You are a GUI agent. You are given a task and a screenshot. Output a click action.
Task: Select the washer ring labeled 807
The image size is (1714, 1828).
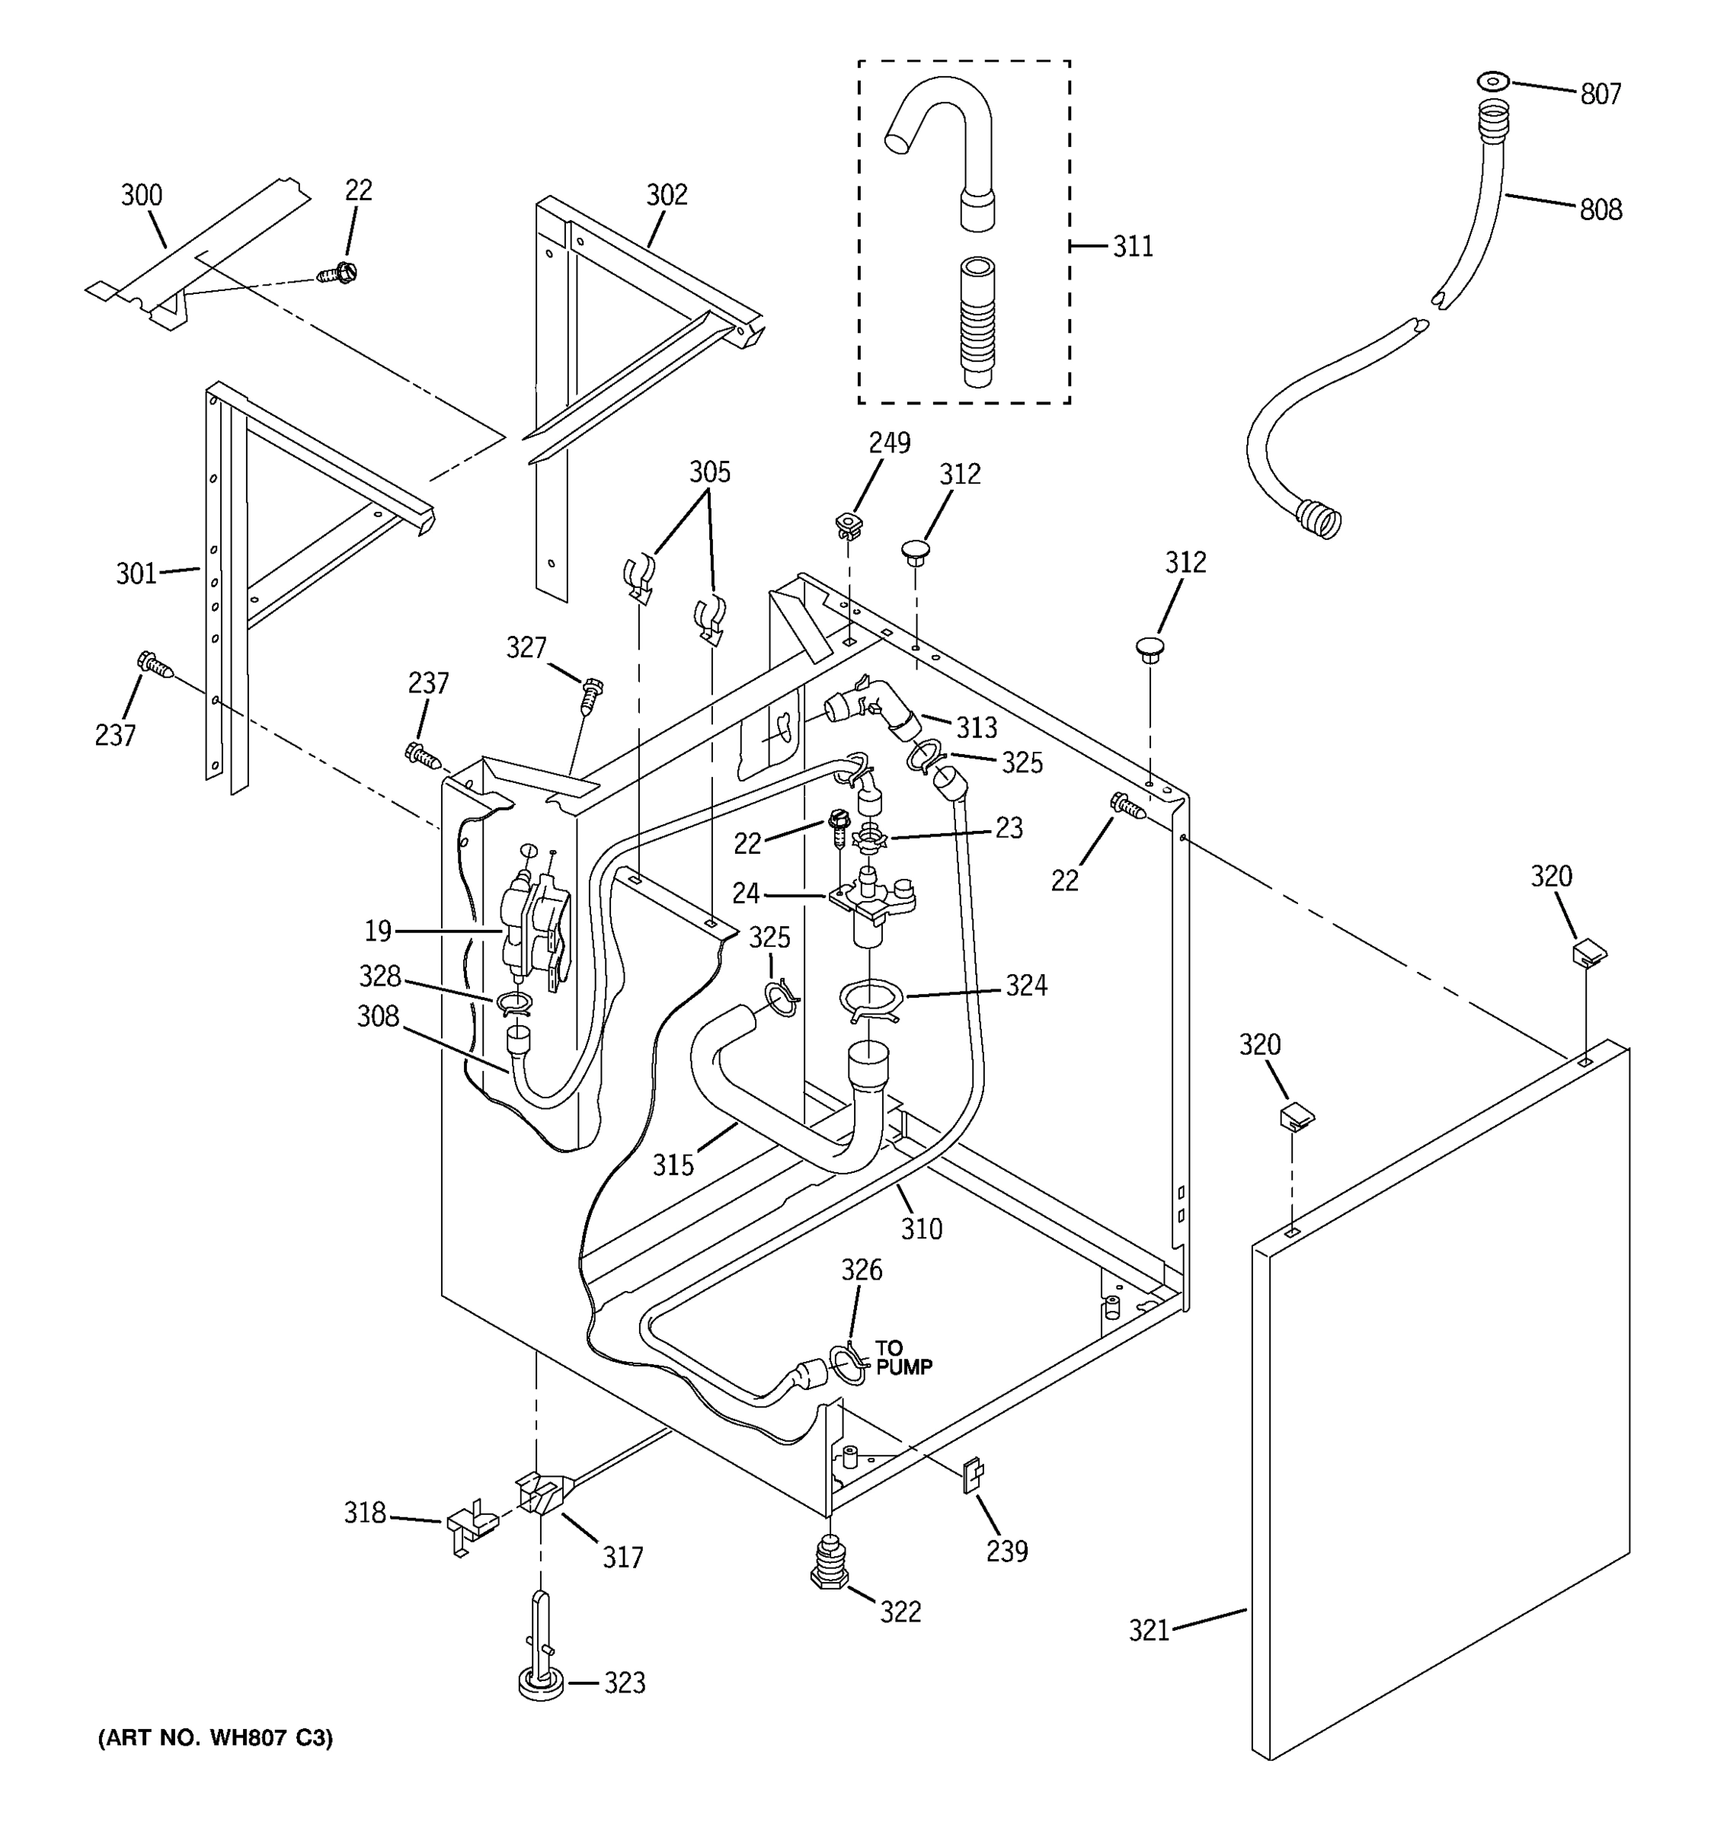click(x=1493, y=81)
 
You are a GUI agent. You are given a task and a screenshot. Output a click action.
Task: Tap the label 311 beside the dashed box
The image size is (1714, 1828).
click(x=1132, y=247)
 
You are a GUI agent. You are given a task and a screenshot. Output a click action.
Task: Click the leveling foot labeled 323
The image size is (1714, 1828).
click(x=541, y=1682)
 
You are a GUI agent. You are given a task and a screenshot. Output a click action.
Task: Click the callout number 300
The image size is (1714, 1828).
click(x=142, y=195)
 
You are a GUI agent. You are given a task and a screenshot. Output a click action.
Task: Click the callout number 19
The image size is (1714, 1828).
click(x=378, y=931)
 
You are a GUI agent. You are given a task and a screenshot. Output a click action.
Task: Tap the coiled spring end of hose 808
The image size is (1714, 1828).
click(x=1318, y=518)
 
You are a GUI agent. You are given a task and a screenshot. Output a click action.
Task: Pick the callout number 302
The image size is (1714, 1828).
click(x=667, y=194)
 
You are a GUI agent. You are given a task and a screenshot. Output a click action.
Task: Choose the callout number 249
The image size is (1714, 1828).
click(x=889, y=443)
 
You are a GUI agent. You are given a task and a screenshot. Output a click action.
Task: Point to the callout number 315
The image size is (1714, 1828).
click(x=673, y=1165)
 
